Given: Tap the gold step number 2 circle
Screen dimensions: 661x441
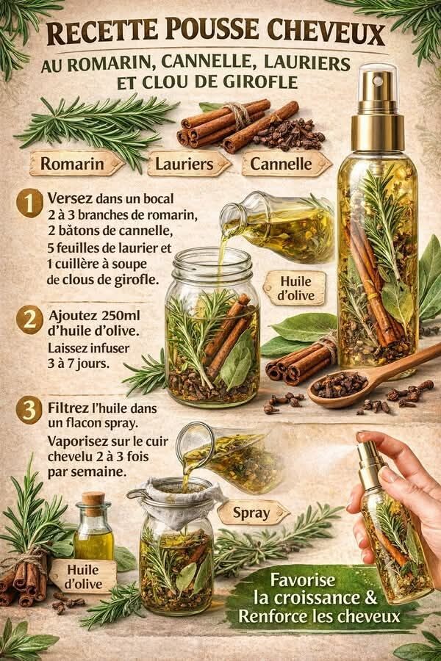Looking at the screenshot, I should click(29, 320).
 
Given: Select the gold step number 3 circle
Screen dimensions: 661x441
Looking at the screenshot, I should click(29, 410).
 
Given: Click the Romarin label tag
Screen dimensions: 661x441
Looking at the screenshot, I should click(71, 163).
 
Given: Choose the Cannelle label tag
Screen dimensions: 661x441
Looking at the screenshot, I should click(283, 163).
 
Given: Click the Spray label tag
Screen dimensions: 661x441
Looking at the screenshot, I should click(251, 512).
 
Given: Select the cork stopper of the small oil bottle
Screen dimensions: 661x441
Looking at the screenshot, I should click(93, 499).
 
